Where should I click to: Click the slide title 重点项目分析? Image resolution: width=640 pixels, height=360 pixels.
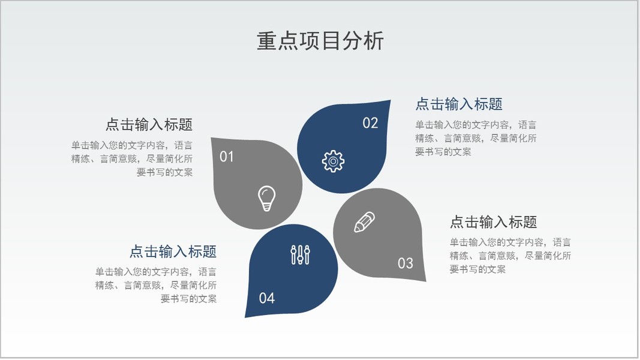click(x=320, y=41)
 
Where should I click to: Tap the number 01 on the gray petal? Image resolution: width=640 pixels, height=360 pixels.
click(x=227, y=157)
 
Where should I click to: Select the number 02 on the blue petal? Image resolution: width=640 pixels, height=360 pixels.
click(x=370, y=123)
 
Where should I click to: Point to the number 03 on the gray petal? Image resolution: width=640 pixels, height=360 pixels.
click(x=405, y=263)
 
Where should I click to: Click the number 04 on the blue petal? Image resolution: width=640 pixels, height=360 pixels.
click(x=266, y=298)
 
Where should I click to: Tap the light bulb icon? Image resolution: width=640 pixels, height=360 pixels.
click(x=266, y=199)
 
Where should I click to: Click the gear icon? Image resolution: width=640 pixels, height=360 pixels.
click(x=333, y=161)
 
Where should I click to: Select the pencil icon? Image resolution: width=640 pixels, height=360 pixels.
click(x=364, y=222)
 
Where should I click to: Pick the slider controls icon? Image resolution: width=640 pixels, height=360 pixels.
click(x=301, y=254)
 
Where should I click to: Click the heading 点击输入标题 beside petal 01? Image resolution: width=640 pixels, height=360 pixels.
click(x=149, y=124)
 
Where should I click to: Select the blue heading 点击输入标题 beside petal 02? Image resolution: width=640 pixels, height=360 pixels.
click(x=459, y=104)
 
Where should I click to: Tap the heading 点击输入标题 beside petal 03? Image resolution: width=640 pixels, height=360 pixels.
click(x=493, y=222)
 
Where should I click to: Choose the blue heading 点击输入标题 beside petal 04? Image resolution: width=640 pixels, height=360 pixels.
click(x=173, y=251)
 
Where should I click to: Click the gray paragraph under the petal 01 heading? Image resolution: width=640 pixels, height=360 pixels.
click(x=132, y=159)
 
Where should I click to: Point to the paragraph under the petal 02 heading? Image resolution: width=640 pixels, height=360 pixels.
click(x=476, y=138)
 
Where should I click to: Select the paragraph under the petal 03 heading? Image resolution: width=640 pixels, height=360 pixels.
click(x=510, y=256)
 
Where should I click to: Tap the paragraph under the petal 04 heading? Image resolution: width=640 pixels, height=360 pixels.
click(x=156, y=285)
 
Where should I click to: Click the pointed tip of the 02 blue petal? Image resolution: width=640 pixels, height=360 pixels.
click(x=390, y=100)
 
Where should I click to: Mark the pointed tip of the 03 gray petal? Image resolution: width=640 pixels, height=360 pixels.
click(x=426, y=281)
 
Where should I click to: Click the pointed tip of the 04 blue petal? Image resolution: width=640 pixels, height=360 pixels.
click(x=245, y=317)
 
